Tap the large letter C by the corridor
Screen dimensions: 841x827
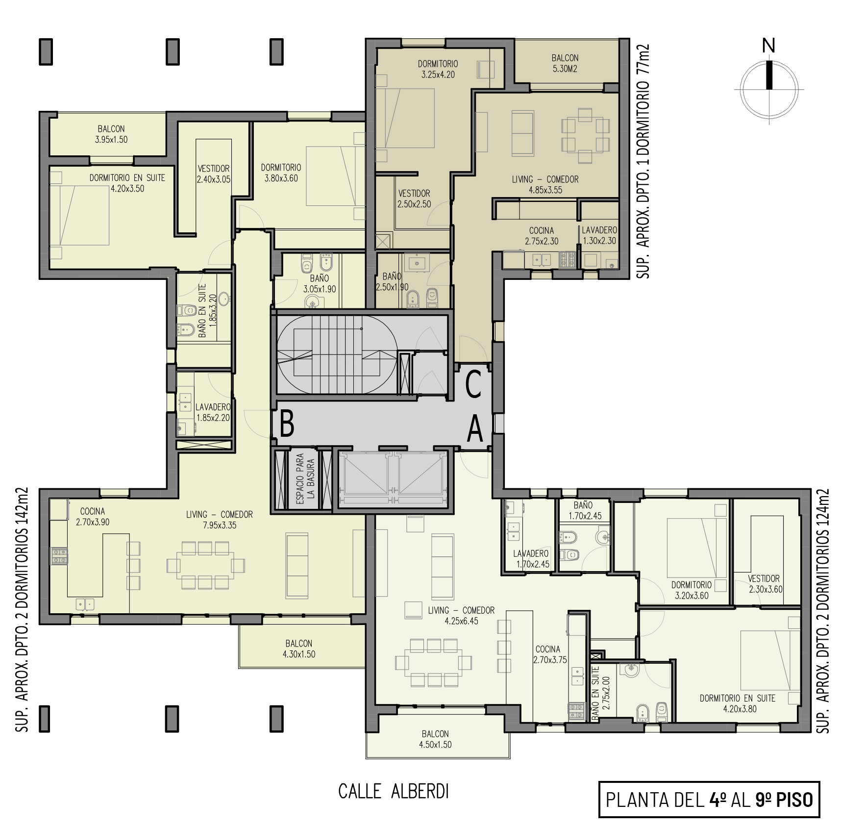[473, 385]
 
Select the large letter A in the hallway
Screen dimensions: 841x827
[475, 429]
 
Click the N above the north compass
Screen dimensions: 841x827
[768, 46]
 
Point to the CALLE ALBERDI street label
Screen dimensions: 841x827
[394, 791]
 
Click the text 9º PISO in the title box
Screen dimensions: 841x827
[784, 800]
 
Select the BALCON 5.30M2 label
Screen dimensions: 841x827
[565, 63]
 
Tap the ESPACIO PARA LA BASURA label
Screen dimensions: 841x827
[306, 478]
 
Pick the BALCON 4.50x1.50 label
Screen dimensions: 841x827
[435, 739]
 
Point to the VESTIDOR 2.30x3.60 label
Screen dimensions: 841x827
[766, 584]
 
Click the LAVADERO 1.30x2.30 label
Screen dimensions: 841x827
[599, 235]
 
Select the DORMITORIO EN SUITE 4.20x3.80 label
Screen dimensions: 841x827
[738, 703]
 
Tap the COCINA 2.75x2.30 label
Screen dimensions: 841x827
[542, 236]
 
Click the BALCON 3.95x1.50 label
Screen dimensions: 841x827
[111, 134]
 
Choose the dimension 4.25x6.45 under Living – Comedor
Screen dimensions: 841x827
[461, 621]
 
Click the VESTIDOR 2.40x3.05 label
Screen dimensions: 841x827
[214, 174]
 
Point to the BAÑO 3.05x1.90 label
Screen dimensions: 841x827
[320, 284]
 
